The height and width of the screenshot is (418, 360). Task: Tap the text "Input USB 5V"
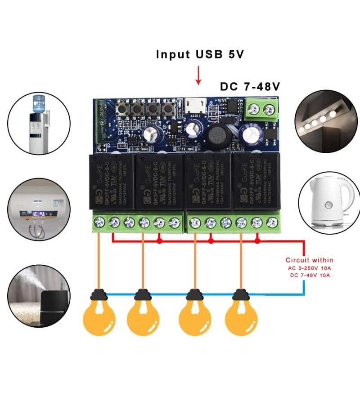[x=200, y=54]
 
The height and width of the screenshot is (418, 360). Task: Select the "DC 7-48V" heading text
[x=250, y=87]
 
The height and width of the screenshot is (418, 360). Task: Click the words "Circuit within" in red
[x=309, y=260]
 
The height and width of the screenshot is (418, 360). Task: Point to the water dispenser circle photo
[x=39, y=122]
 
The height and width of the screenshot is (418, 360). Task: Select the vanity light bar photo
[x=326, y=118]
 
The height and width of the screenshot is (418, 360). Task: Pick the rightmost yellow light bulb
[x=241, y=317]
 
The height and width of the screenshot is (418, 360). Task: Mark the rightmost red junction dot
[x=257, y=241]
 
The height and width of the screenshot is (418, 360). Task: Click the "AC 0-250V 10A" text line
[x=309, y=268]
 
